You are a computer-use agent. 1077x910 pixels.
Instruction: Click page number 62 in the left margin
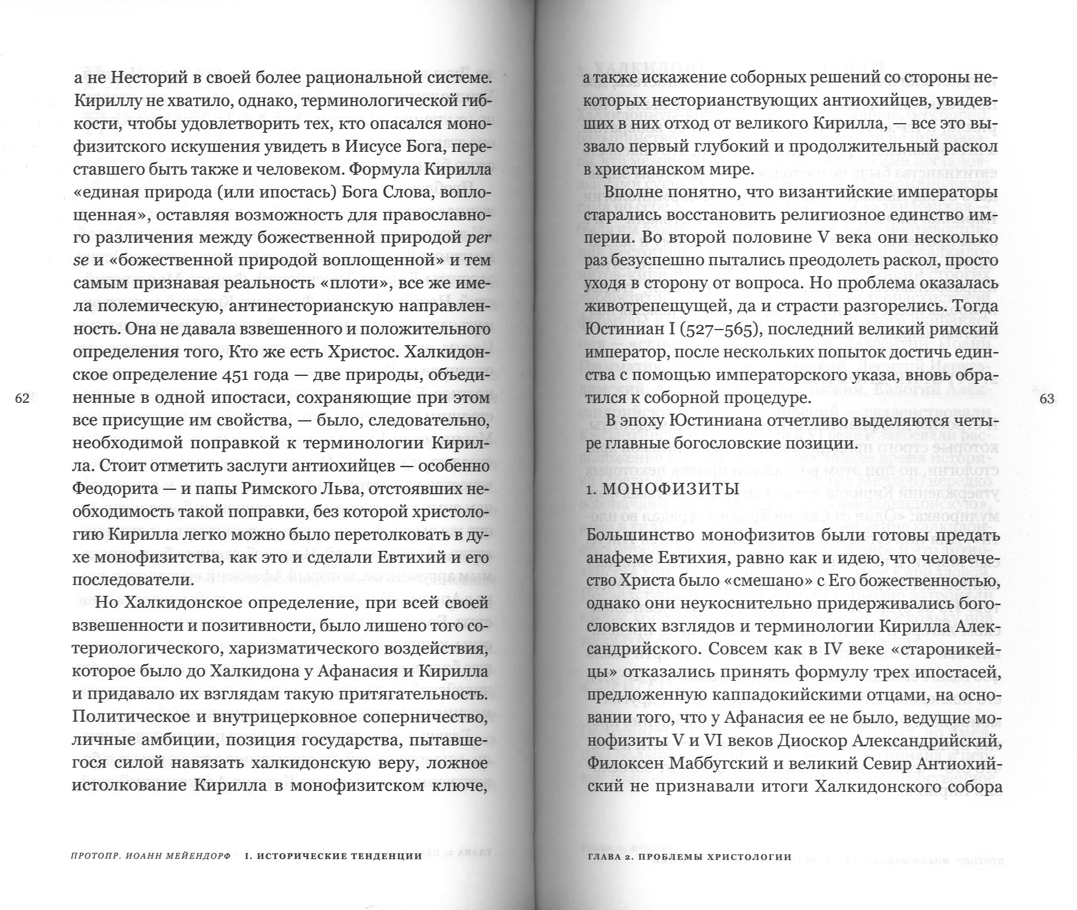[x=22, y=398]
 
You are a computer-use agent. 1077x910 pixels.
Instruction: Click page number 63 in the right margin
[x=1047, y=398]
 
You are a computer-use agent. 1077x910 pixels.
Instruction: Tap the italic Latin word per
[x=477, y=238]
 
